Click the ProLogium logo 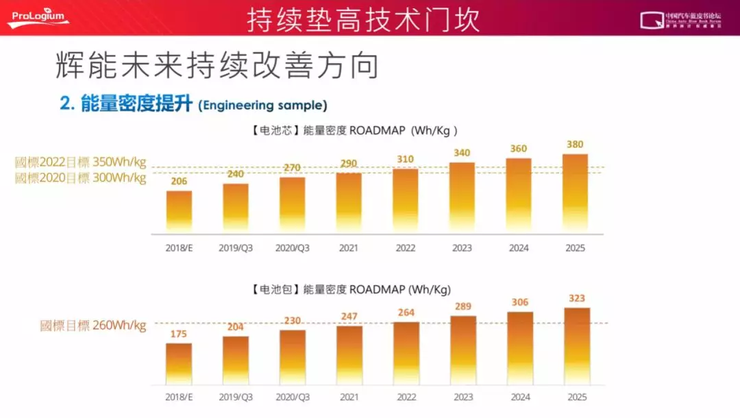click(38, 18)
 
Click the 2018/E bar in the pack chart click(179, 363)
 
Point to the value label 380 click(576, 145)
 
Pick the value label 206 click(179, 182)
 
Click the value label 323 click(576, 298)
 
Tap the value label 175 click(179, 334)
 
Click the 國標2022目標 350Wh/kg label click(81, 163)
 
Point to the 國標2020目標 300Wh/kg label click(81, 178)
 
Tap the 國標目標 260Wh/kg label click(93, 325)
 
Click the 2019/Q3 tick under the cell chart click(236, 247)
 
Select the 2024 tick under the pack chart click(519, 396)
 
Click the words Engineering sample click(262, 106)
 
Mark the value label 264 click(406, 313)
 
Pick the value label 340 click(462, 153)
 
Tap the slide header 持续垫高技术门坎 click(363, 19)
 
